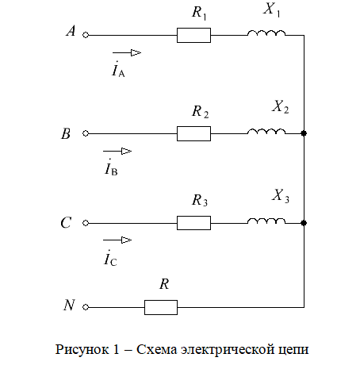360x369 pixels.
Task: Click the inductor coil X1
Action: click(266, 33)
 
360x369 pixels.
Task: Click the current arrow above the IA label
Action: click(127, 53)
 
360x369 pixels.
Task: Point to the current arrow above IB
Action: click(117, 152)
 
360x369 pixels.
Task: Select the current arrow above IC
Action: click(117, 240)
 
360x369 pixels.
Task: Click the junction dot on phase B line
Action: click(304, 133)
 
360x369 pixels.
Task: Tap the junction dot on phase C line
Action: click(304, 223)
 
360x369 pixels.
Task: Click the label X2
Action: click(281, 107)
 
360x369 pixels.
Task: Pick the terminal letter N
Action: click(69, 305)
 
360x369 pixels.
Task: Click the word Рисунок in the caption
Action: click(82, 350)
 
